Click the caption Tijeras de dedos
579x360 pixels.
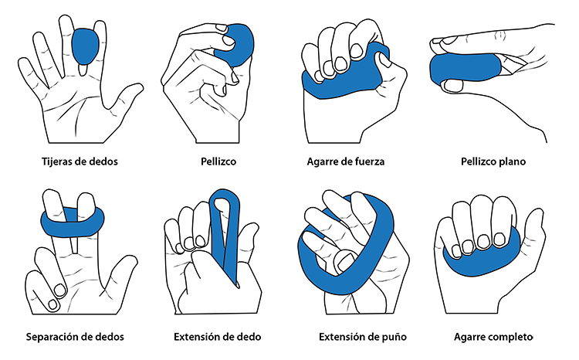point(80,161)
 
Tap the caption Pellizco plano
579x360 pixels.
point(493,161)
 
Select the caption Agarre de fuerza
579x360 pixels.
point(346,162)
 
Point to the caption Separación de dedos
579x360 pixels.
point(75,337)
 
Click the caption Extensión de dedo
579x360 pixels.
point(218,337)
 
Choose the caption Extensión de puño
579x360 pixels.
point(363,337)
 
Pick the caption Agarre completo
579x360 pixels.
point(493,337)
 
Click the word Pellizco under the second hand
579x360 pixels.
point(218,161)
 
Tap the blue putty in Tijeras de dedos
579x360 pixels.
point(85,46)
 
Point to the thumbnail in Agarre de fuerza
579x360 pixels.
point(383,60)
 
